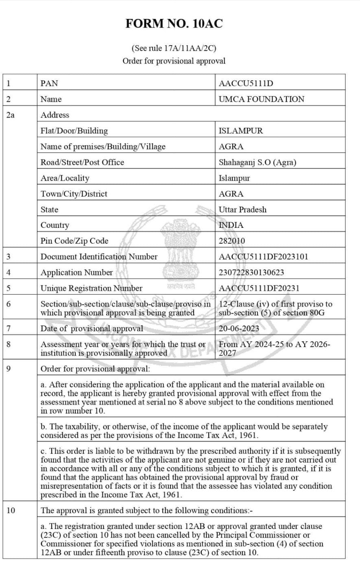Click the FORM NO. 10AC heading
pos(174,24)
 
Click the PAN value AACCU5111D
pos(246,83)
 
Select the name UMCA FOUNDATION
pos(261,99)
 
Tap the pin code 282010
pos(232,241)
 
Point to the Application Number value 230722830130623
pos(251,273)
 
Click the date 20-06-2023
pos(239,329)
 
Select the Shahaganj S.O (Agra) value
pos(257,162)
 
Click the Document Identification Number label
pos(99,257)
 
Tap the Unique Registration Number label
pos(92,288)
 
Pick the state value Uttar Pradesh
pos(242,210)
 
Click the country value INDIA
pos(231,225)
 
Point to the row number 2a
pos(11,115)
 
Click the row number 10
pos(11,510)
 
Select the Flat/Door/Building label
pos(74,131)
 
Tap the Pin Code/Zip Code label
pos(74,241)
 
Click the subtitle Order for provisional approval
pos(174,61)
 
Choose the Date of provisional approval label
pos(92,329)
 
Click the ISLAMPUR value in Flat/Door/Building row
pos(241,131)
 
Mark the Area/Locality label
pos(65,178)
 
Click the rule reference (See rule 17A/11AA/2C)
pos(174,48)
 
